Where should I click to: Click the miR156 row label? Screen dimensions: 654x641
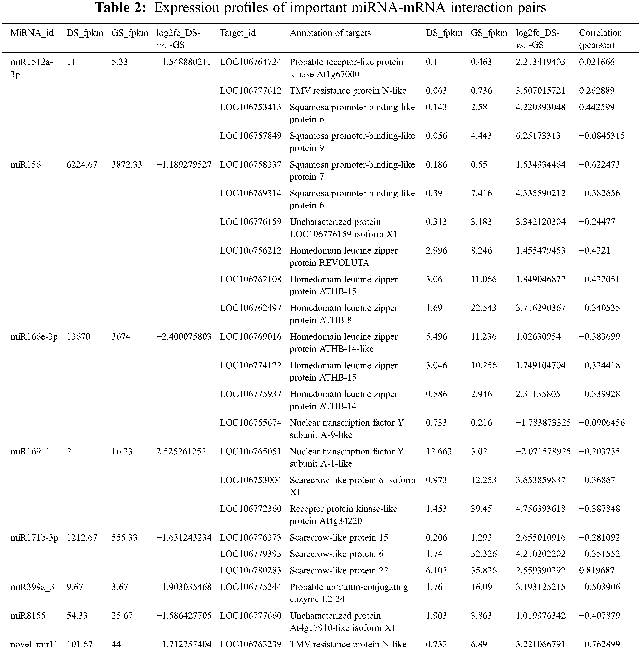pos(26,165)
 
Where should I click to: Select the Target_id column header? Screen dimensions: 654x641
pos(238,33)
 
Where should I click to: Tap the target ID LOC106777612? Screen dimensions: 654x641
pos(251,91)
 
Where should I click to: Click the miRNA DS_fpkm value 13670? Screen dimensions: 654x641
pos(78,337)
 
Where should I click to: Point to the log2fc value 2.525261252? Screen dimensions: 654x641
pos(181,451)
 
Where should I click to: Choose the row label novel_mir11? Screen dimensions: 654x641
pos(34,644)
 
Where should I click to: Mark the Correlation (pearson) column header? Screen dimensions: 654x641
pos(600,39)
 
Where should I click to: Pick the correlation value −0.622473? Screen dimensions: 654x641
pos(599,165)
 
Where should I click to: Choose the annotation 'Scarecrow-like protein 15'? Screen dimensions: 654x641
pos(339,537)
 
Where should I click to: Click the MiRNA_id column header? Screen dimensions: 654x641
pos(32,33)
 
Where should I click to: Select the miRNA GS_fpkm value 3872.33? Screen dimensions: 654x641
pos(127,165)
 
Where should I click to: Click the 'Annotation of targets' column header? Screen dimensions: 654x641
pos(330,33)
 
